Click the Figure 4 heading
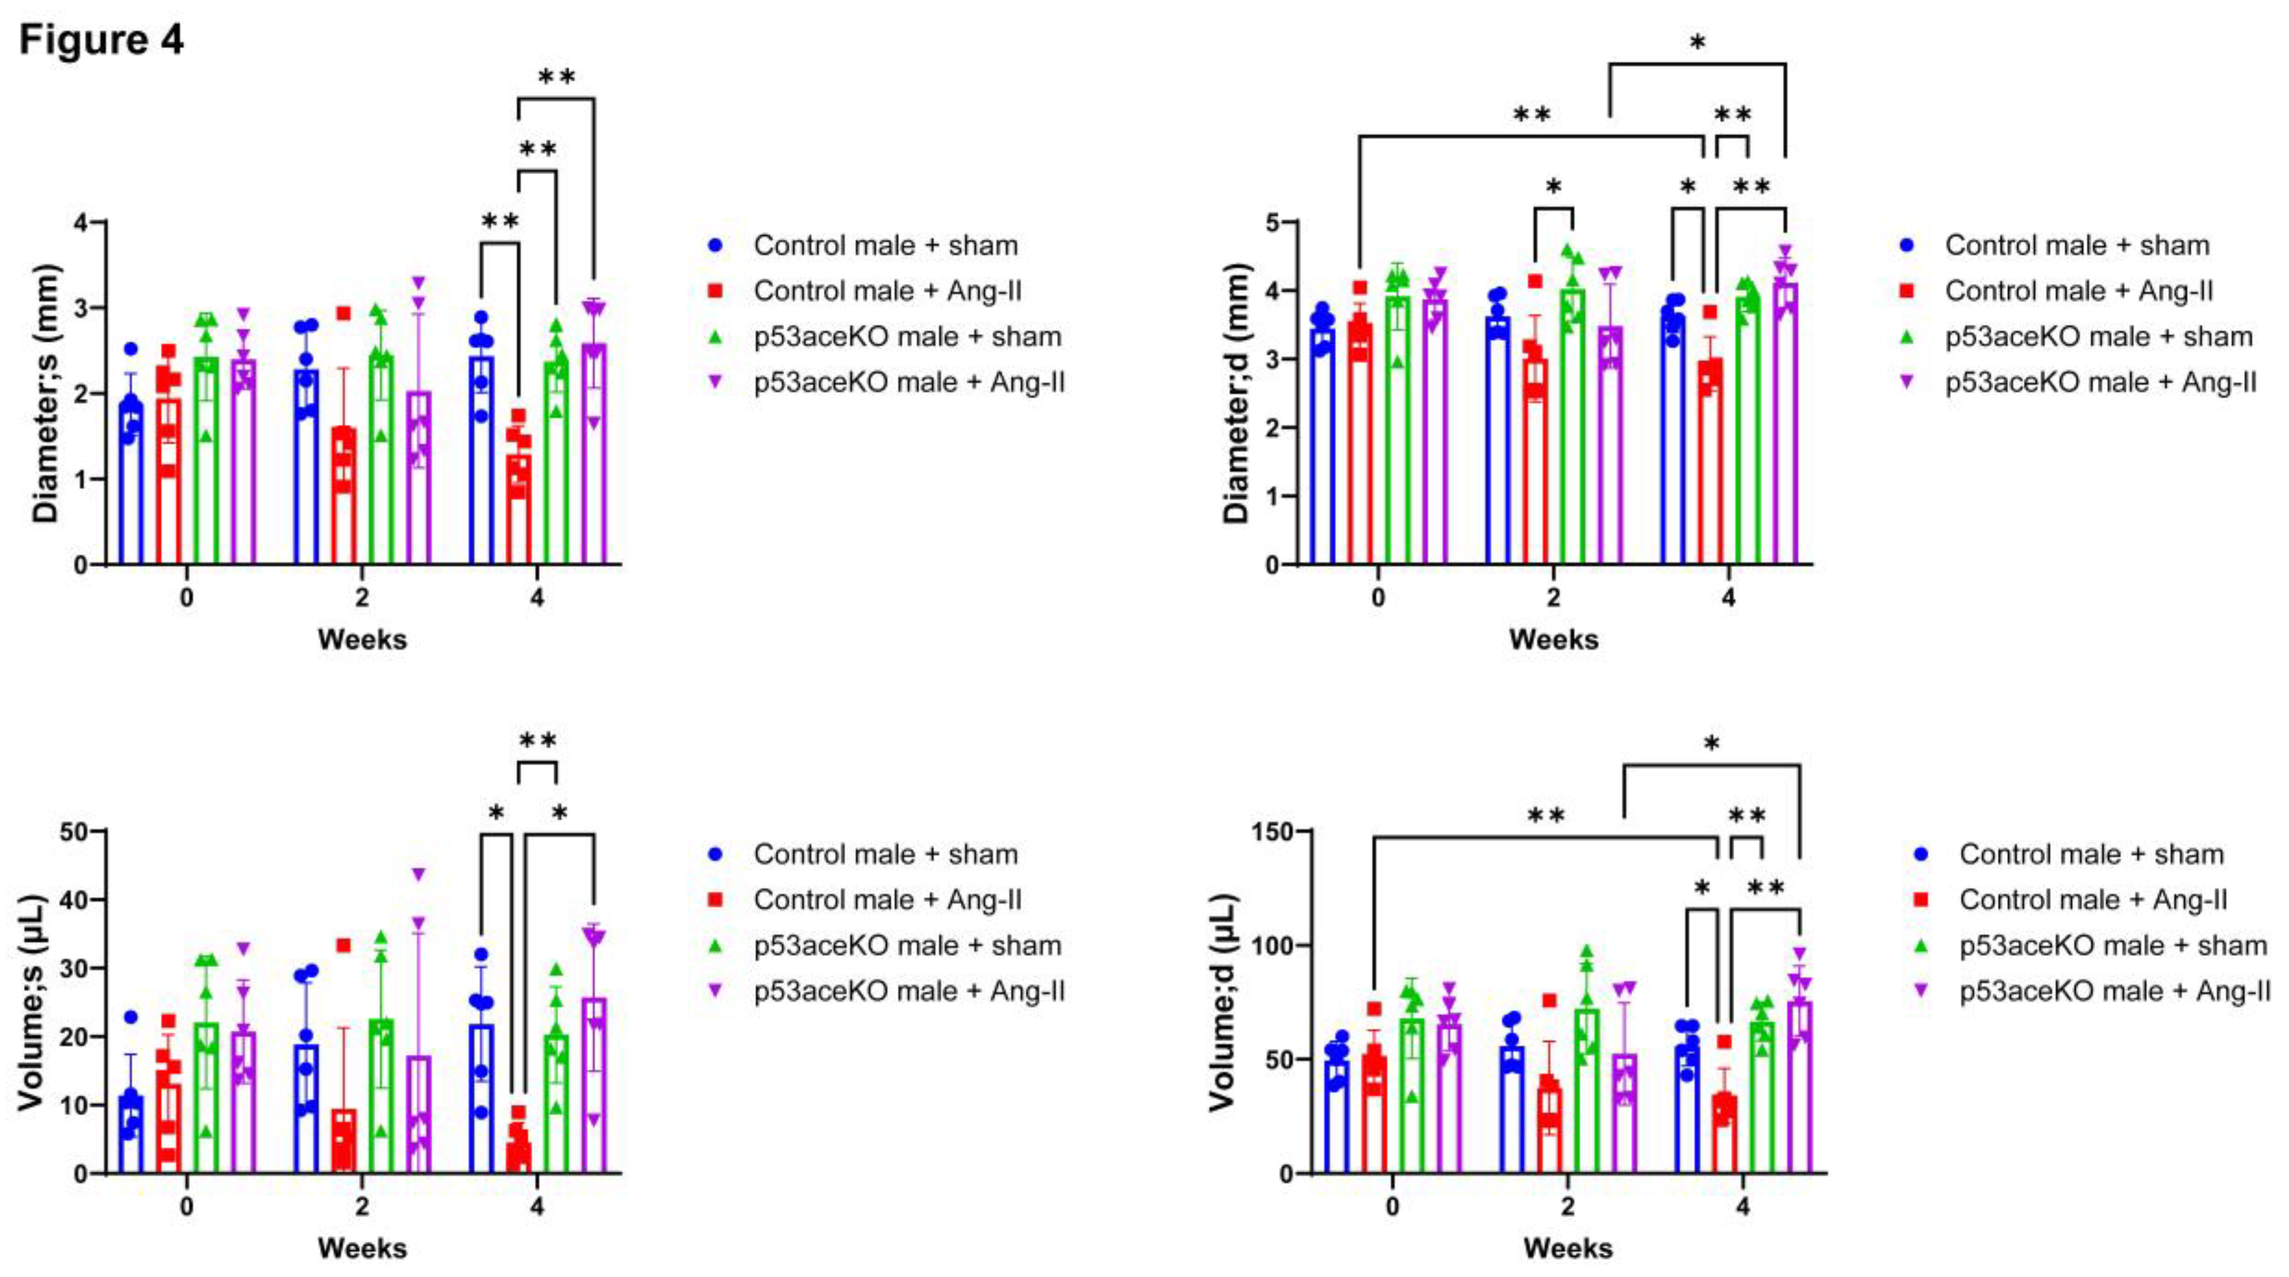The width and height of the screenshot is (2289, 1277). tap(101, 41)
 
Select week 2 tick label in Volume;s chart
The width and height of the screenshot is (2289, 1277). tap(362, 1207)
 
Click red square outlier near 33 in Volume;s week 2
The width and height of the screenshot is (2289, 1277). tap(343, 945)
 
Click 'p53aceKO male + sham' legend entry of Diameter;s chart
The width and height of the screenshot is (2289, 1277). tap(906, 337)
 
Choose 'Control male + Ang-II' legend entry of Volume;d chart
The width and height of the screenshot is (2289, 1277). tap(2093, 901)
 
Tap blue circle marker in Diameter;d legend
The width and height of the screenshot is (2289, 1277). tap(1906, 245)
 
